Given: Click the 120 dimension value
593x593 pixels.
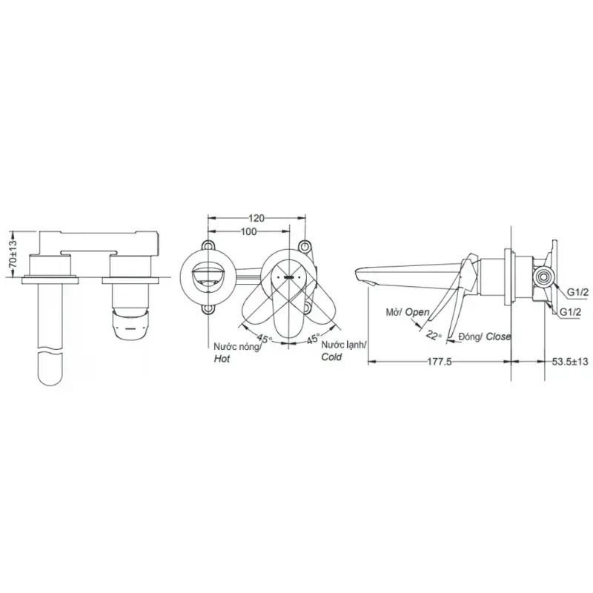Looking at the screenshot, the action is [x=256, y=218].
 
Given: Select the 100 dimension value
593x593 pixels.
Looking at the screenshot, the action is [x=248, y=231].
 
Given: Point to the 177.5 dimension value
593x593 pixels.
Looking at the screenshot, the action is [x=440, y=362].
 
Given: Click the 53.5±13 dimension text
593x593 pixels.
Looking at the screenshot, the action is [x=570, y=362].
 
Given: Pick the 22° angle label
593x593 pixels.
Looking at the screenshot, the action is [x=434, y=335].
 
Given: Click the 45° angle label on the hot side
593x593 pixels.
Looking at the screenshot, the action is [x=263, y=338].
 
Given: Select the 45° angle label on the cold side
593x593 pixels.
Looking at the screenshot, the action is [x=313, y=338].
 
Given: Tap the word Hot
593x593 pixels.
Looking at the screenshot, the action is [x=222, y=359].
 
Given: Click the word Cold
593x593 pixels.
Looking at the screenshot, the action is [x=331, y=357].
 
